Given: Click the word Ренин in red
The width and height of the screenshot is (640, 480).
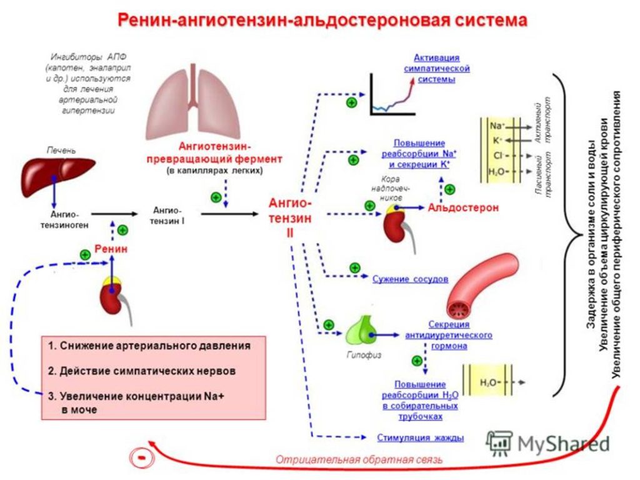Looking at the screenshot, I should (x=111, y=249).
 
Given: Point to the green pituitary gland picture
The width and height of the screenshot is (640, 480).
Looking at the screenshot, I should (x=360, y=332).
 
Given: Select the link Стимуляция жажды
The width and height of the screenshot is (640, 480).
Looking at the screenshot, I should (x=420, y=437).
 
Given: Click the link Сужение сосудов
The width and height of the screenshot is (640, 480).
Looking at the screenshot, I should (x=410, y=279).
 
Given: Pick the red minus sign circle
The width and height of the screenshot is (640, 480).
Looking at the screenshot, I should (x=142, y=458).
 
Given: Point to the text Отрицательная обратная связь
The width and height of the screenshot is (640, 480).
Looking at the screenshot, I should (x=359, y=459).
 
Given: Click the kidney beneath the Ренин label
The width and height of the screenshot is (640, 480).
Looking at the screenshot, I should (x=113, y=293).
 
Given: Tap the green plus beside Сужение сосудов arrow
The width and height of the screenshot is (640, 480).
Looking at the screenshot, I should (x=354, y=267).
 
